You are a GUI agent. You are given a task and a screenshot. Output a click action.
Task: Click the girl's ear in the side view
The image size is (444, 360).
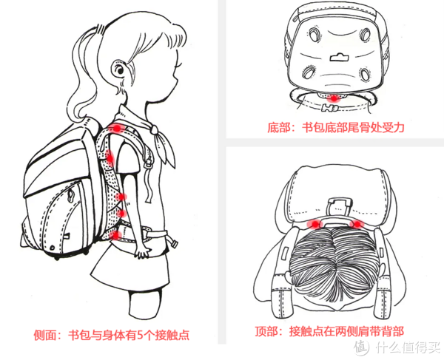point(119,69)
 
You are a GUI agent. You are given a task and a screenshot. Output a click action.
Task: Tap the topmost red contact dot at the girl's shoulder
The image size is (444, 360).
point(117,129)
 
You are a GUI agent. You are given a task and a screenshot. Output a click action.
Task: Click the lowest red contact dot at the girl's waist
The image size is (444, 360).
point(117,235)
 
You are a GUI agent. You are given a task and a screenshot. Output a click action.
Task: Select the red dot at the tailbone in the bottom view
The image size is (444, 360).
point(334,98)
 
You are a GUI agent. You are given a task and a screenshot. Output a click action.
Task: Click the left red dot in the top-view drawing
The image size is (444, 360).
point(315,225)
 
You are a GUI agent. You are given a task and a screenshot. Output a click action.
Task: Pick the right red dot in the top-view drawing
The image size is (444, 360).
point(357,225)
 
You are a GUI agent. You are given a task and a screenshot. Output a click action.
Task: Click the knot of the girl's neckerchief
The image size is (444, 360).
point(155,130)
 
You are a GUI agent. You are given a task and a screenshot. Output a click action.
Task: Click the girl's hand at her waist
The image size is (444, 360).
point(142,251)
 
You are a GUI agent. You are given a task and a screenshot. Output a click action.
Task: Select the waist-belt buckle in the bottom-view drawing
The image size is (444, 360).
point(329,108)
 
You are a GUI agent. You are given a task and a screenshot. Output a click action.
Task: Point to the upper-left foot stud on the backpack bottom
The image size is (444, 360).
point(314,34)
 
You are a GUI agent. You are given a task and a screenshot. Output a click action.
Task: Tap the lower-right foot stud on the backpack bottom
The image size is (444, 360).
point(366,74)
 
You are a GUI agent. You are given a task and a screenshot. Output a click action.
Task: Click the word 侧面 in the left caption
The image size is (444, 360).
point(44,336)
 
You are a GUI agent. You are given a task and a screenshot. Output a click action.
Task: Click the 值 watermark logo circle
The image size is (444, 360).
point(361,347)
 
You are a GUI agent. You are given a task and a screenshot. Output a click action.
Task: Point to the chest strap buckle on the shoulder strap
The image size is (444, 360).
point(148,162)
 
